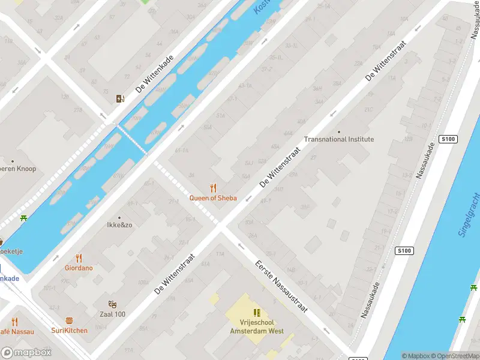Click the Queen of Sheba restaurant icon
click(x=212, y=188)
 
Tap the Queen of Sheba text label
click(x=213, y=198)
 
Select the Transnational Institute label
click(x=338, y=139)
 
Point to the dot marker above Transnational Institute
click(x=339, y=131)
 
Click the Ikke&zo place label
click(x=119, y=226)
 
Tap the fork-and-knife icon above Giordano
click(x=79, y=259)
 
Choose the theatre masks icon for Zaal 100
click(x=112, y=305)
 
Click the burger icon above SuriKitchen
click(x=69, y=321)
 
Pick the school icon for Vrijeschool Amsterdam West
click(x=257, y=313)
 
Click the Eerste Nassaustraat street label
click(x=281, y=287)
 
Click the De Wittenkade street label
click(x=154, y=74)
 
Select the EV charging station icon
click(x=121, y=99)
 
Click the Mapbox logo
click(x=26, y=353)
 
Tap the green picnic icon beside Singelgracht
click(x=462, y=320)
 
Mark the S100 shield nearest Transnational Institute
click(x=448, y=139)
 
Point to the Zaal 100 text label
click(x=112, y=314)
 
